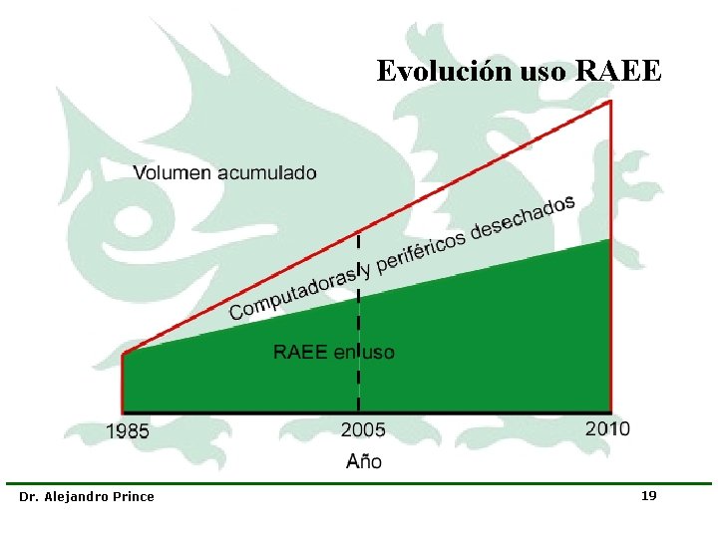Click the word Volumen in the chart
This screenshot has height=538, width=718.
[173, 172]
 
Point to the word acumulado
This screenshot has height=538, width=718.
[267, 172]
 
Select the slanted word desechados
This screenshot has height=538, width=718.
[523, 216]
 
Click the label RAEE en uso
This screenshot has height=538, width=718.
[334, 352]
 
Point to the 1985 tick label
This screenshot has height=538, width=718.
[128, 431]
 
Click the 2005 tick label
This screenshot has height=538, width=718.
[363, 430]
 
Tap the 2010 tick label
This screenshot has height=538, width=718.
[607, 428]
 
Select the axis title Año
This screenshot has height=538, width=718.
[363, 461]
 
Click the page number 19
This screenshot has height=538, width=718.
[648, 495]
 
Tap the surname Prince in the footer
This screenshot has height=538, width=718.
[134, 496]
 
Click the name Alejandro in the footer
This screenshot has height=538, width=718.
[76, 496]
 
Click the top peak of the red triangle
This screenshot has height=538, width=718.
[610, 101]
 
